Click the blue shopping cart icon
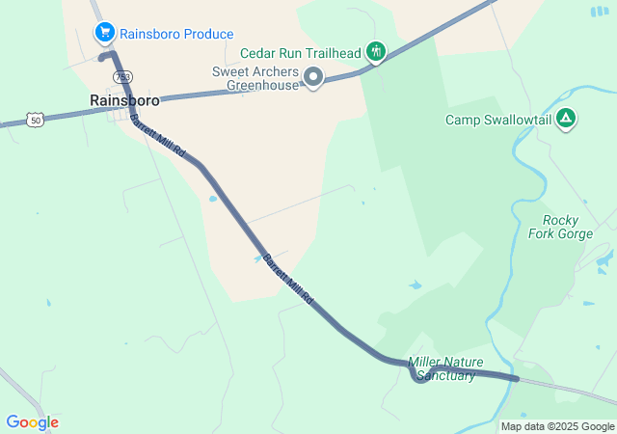point(104,33)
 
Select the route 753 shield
point(122,76)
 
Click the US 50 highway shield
point(36,120)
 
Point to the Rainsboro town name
point(124,99)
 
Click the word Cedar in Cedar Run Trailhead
point(257,53)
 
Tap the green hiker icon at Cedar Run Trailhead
point(376,50)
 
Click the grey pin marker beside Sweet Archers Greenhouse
point(312,76)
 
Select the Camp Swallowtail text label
point(496,120)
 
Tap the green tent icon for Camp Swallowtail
point(566,119)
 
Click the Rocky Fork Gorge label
point(560,227)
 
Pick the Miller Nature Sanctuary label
point(443,368)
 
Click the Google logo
point(32,422)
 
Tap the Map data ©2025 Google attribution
point(557,426)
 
